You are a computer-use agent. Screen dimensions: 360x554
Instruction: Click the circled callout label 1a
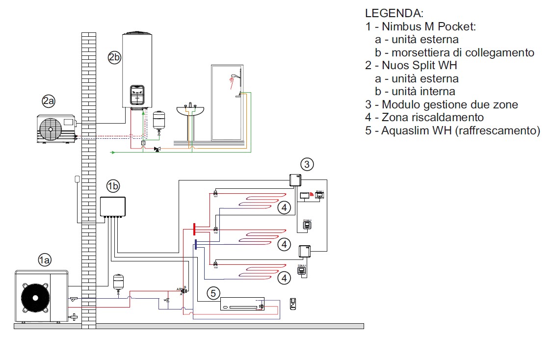pos(45,260)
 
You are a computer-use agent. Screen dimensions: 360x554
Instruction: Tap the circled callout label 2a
pos(48,102)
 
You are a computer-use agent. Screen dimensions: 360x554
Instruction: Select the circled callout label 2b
pos(114,58)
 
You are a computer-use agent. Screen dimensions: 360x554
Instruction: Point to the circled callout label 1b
pos(113,186)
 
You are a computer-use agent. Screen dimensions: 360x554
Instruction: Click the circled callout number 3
pos(307,164)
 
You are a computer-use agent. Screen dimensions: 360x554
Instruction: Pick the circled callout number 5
pos(212,293)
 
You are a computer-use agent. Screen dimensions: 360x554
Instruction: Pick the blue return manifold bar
pos(195,244)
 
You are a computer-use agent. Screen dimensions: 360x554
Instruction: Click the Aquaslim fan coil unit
pos(242,304)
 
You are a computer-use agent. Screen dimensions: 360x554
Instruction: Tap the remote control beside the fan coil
pos(293,304)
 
